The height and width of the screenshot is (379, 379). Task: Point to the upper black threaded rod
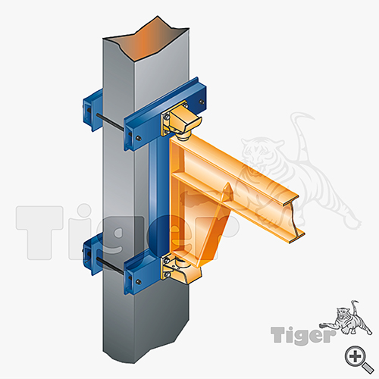click(110, 122)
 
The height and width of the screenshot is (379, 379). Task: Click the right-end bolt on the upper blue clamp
click(201, 102)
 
